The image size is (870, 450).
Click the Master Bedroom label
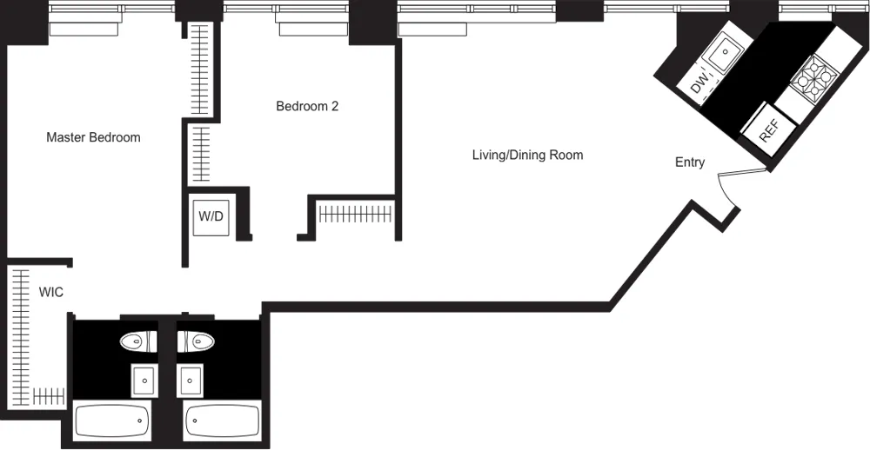93,137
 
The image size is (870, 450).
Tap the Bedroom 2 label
306,107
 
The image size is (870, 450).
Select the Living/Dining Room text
527,156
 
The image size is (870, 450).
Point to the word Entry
690,162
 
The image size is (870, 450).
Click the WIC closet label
50,293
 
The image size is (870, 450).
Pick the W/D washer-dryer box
211,216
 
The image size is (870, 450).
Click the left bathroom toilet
137,341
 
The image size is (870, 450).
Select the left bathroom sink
143,381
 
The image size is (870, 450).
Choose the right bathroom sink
191,381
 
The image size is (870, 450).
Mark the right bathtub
222,421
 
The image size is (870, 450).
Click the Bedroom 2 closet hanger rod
355,212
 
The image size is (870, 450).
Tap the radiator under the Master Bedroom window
84,29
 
